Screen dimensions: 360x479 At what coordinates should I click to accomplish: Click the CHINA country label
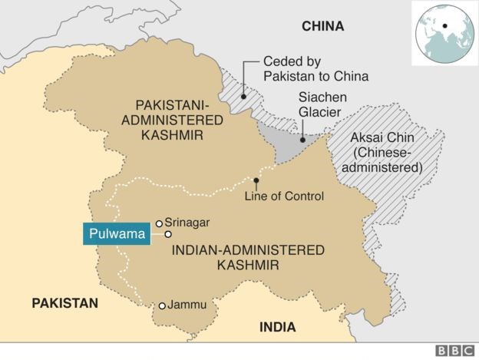pyautogui.click(x=322, y=26)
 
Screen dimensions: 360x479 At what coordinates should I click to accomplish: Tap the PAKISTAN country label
pyautogui.click(x=65, y=303)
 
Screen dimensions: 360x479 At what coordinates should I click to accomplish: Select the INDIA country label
pyautogui.click(x=277, y=327)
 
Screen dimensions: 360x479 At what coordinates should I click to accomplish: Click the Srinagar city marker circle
pyautogui.click(x=159, y=223)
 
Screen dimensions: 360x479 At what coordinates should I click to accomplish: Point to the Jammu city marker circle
pyautogui.click(x=162, y=306)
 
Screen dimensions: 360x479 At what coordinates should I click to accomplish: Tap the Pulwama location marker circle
pyautogui.click(x=167, y=234)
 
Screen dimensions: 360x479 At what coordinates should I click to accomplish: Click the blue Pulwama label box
pyautogui.click(x=115, y=234)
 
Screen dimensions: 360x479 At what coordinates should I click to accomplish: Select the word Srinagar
pyautogui.click(x=188, y=223)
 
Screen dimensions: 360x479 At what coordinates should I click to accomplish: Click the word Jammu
pyautogui.click(x=189, y=305)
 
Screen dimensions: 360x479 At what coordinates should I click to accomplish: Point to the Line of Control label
pyautogui.click(x=283, y=197)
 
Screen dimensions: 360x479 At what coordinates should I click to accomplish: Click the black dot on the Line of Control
pyautogui.click(x=256, y=181)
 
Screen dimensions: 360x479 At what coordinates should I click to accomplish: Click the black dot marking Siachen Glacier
pyautogui.click(x=302, y=140)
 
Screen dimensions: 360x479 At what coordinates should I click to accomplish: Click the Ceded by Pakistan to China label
pyautogui.click(x=315, y=68)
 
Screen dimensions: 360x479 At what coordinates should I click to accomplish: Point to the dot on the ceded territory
pyautogui.click(x=242, y=97)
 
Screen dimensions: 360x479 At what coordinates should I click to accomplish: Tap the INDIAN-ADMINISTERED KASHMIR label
pyautogui.click(x=248, y=257)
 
